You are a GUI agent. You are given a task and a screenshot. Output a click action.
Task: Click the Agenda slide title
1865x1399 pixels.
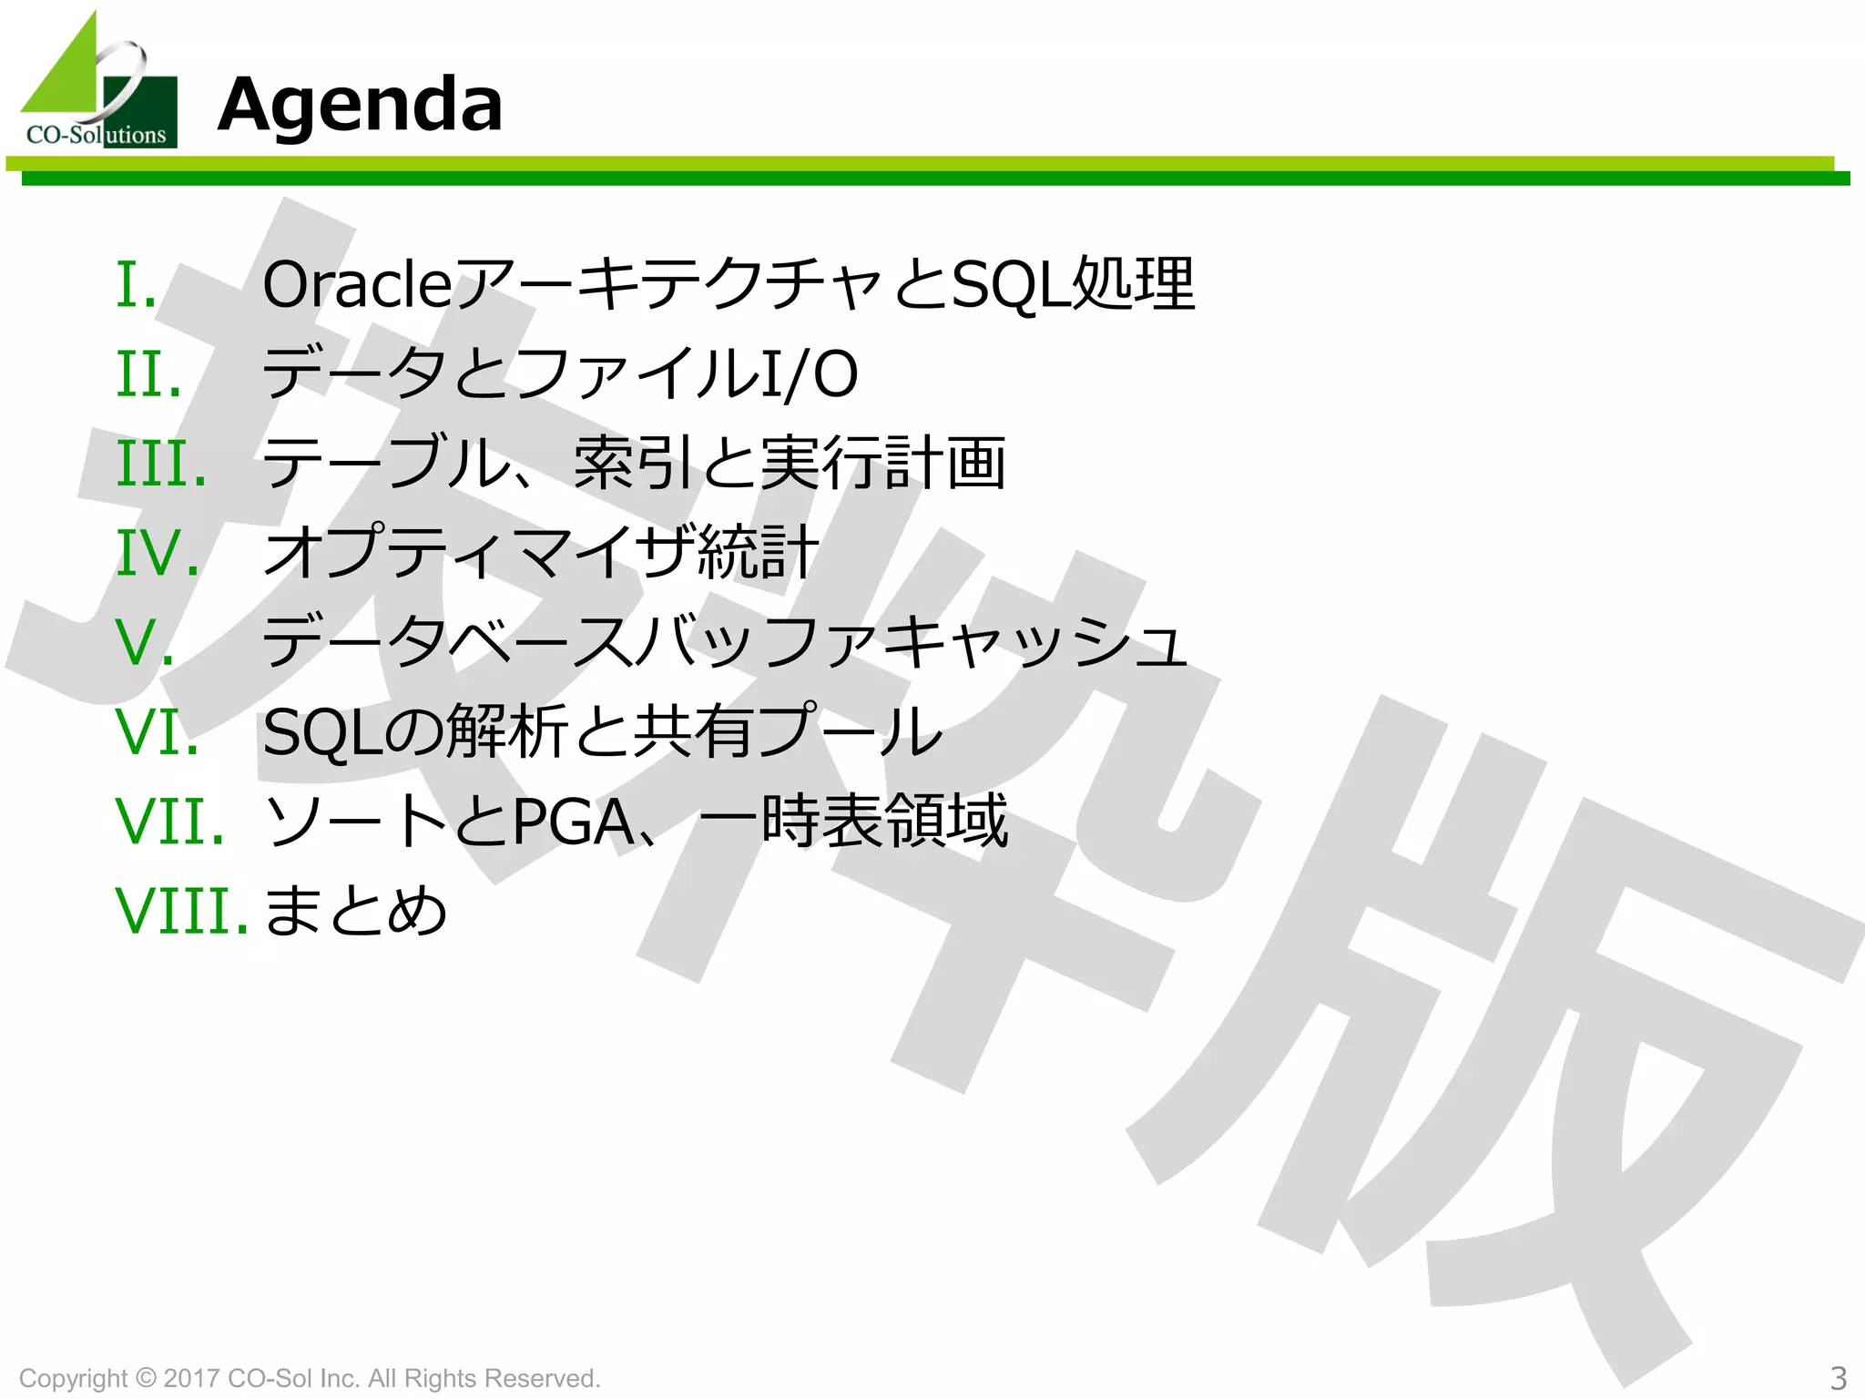coord(360,105)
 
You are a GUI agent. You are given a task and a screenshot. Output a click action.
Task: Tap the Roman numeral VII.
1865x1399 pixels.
coord(169,821)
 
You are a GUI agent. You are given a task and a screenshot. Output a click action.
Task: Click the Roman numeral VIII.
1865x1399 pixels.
coord(181,910)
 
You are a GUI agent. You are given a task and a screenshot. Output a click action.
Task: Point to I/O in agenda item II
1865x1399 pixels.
coord(809,374)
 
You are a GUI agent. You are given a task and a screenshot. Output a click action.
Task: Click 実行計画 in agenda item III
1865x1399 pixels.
coord(882,464)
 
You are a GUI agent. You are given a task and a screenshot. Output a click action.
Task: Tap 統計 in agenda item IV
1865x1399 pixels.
coord(758,553)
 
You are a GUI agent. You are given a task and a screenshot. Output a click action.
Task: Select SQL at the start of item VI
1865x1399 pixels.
coord(322,732)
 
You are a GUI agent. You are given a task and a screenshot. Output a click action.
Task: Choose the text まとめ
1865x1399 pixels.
coord(355,910)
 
